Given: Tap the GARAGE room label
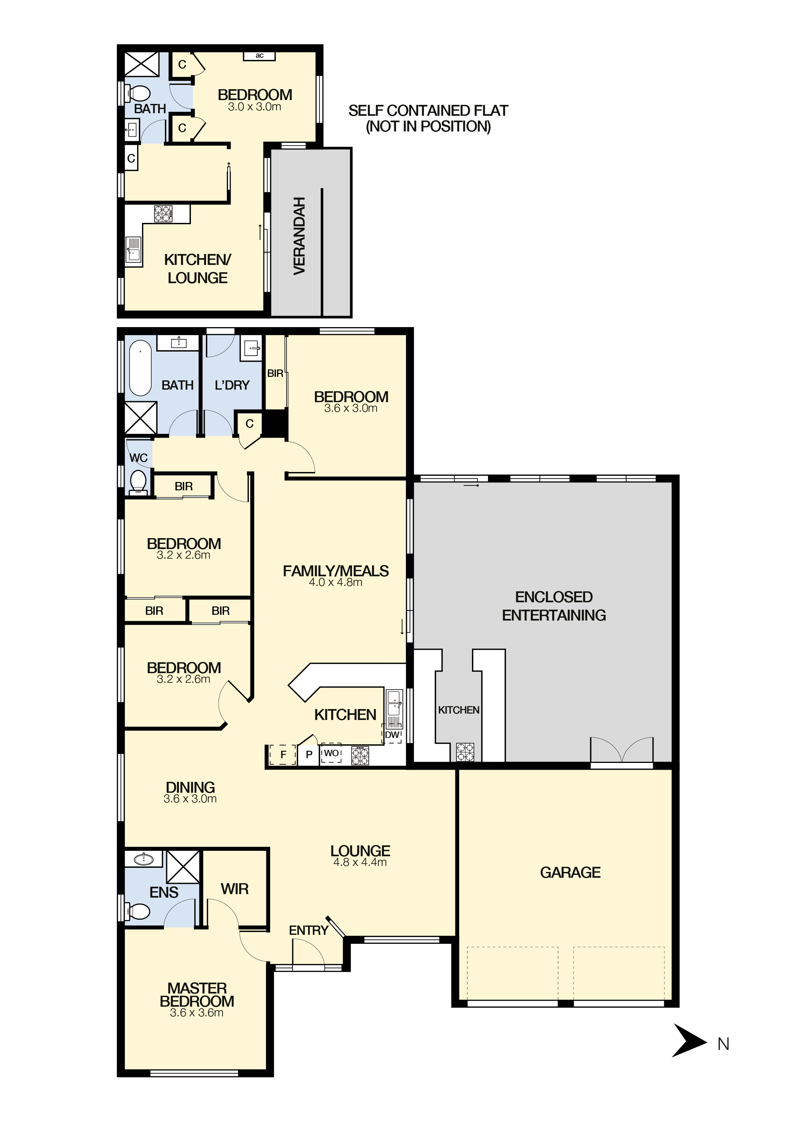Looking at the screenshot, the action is point(570,873).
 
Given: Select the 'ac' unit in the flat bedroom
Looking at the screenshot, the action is point(259,56).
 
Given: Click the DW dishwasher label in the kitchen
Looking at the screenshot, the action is point(392,735).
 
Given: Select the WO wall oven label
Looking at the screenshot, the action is point(331,753).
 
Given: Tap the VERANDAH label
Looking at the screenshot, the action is point(299,236).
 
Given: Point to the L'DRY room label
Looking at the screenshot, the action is point(232,385).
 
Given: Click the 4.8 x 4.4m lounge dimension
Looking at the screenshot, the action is point(360,862).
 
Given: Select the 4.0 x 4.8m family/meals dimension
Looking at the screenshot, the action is point(336,582).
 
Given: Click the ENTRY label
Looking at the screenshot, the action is point(309,930).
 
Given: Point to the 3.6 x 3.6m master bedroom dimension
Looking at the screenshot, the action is point(197,1013).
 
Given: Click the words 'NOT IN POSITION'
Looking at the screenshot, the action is point(428,126).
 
